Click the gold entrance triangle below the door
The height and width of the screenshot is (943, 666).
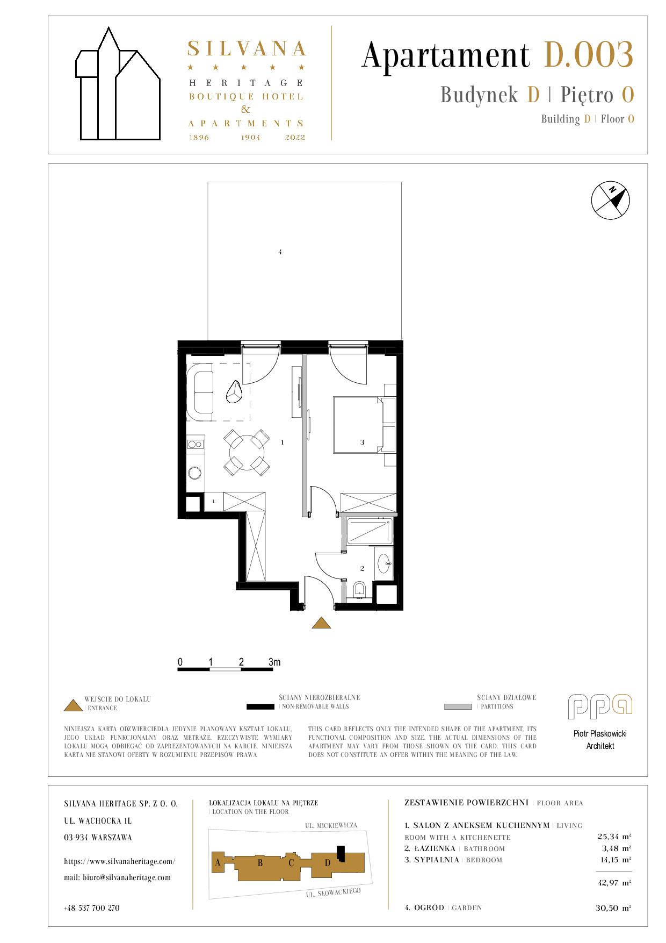point(321,623)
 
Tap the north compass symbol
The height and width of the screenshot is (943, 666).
point(610,201)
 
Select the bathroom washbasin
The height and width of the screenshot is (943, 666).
point(385,563)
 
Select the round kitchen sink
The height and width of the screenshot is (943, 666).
point(195,473)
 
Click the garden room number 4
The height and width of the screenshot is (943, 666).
point(280,252)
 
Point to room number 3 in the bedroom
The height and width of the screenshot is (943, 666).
point(363,442)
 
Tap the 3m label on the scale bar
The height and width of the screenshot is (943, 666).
point(274,662)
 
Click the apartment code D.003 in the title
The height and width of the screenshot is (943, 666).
point(589,55)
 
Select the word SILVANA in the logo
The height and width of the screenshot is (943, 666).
point(247,49)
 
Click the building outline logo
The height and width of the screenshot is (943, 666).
point(118,83)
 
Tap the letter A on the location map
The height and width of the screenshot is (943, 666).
point(218,863)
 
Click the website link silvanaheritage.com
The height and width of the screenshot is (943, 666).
point(119,861)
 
